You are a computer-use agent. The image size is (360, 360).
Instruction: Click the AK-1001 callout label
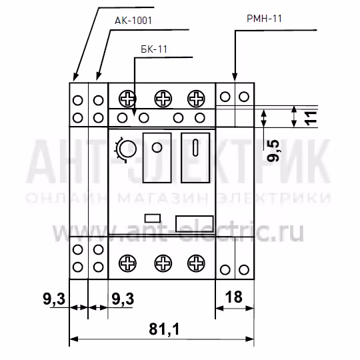pyautogui.click(x=133, y=21)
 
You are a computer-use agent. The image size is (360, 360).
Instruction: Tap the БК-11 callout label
pyautogui.click(x=154, y=49)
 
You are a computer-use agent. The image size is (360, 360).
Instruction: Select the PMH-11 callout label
pyautogui.click(x=264, y=19)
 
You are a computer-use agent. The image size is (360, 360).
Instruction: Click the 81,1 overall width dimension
pyautogui.click(x=164, y=329)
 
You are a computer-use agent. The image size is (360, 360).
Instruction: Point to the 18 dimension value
pyautogui.click(x=234, y=297)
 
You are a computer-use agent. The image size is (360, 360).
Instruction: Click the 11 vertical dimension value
pyautogui.click(x=311, y=118)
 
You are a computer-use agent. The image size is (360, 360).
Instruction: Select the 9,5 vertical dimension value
pyautogui.click(x=273, y=151)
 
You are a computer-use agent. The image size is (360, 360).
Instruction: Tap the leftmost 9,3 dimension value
pyautogui.click(x=54, y=299)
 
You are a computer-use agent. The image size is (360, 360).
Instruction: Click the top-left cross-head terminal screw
pyautogui.click(x=127, y=99)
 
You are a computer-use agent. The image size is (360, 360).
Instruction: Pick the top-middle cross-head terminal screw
pyautogui.click(x=163, y=99)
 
